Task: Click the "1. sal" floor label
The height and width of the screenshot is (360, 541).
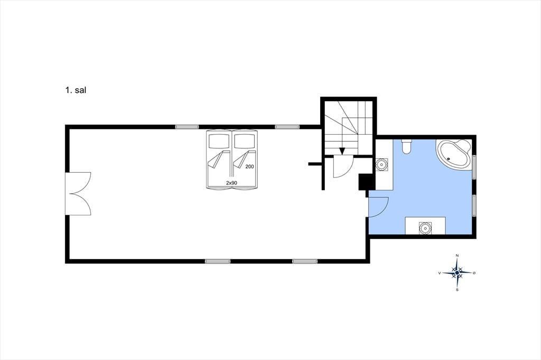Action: (75, 90)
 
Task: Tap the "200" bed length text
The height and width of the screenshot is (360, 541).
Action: (249, 167)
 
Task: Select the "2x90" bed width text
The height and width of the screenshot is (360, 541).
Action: (231, 183)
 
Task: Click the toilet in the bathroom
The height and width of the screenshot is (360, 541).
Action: (406, 146)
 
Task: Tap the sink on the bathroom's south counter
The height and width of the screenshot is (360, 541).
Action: (425, 228)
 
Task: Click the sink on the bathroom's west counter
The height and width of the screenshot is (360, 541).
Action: (381, 165)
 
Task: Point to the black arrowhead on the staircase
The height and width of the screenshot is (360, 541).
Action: (342, 151)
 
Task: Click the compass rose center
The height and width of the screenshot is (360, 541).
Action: (457, 273)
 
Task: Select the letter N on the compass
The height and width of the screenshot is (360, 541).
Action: (457, 255)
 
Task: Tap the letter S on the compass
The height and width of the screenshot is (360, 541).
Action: (457, 290)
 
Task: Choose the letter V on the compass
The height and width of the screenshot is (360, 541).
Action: (440, 273)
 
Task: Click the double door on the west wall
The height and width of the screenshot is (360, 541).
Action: (78, 194)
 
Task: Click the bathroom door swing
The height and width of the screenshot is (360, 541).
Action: (379, 207)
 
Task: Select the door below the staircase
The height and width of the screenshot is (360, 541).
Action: (343, 167)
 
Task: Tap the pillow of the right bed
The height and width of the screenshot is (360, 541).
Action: (245, 140)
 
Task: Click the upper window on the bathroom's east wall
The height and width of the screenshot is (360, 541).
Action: (474, 167)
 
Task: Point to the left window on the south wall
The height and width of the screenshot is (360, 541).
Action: (217, 261)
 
